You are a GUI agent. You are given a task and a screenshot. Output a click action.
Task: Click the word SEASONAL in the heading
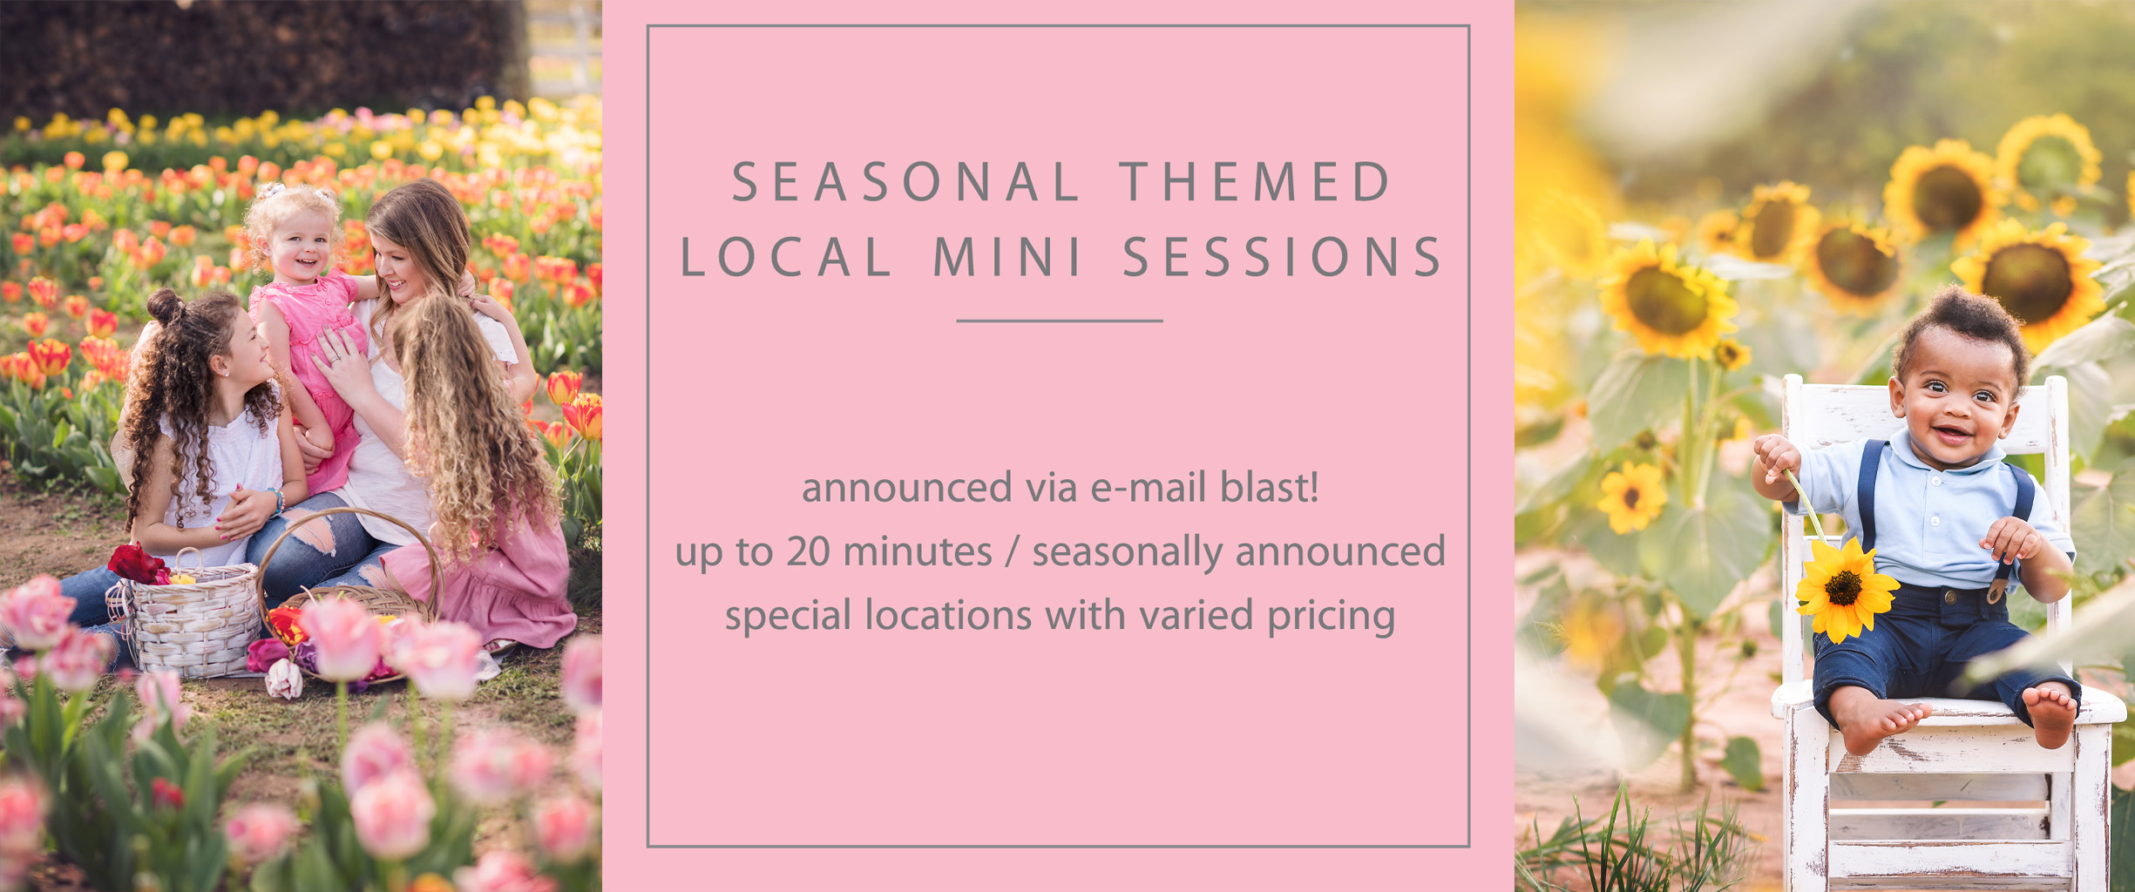(905, 181)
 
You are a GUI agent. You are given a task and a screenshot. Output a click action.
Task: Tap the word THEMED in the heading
(1255, 181)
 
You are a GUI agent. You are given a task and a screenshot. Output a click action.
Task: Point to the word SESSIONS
(1281, 257)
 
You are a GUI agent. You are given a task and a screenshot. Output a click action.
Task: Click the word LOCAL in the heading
(785, 257)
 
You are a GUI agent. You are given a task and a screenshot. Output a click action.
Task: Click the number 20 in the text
(809, 551)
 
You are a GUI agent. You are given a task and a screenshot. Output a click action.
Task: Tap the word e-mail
(1149, 487)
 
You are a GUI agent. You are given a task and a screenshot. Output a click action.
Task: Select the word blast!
(1269, 487)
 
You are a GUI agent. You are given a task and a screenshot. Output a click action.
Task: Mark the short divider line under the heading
(1059, 321)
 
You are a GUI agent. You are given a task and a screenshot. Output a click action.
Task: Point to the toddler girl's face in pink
(299, 244)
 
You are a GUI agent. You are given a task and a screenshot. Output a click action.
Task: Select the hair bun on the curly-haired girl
(164, 307)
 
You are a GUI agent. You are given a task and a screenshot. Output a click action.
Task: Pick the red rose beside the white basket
(138, 564)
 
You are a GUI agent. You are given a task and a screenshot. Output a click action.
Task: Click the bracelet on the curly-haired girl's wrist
(277, 500)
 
